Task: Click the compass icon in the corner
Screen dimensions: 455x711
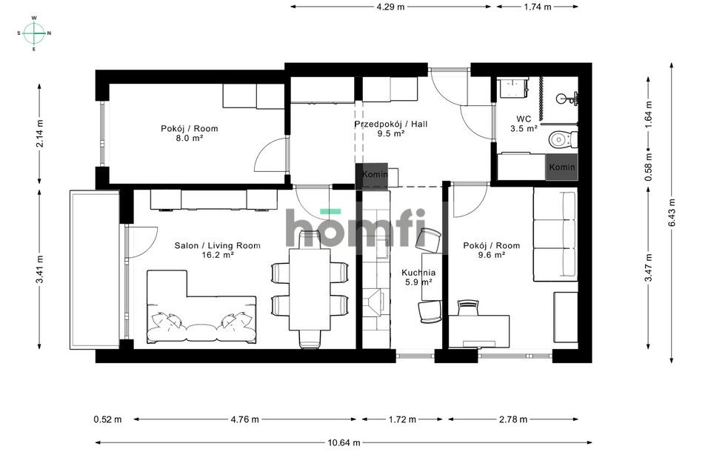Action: point(34,33)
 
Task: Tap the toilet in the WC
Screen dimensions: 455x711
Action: point(563,139)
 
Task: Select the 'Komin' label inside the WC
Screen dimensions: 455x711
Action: point(562,167)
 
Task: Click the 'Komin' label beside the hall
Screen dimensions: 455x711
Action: point(372,173)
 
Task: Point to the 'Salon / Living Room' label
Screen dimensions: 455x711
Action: point(218,245)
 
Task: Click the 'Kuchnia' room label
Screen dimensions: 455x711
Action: point(418,272)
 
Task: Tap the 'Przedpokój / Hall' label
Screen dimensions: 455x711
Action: point(390,124)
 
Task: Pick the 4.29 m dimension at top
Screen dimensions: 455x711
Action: point(390,7)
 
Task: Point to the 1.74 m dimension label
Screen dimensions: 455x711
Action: point(537,7)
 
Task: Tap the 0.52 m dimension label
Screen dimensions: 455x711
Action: point(107,419)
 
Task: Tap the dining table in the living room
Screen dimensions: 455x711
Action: point(310,289)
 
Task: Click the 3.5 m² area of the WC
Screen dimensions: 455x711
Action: point(524,128)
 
